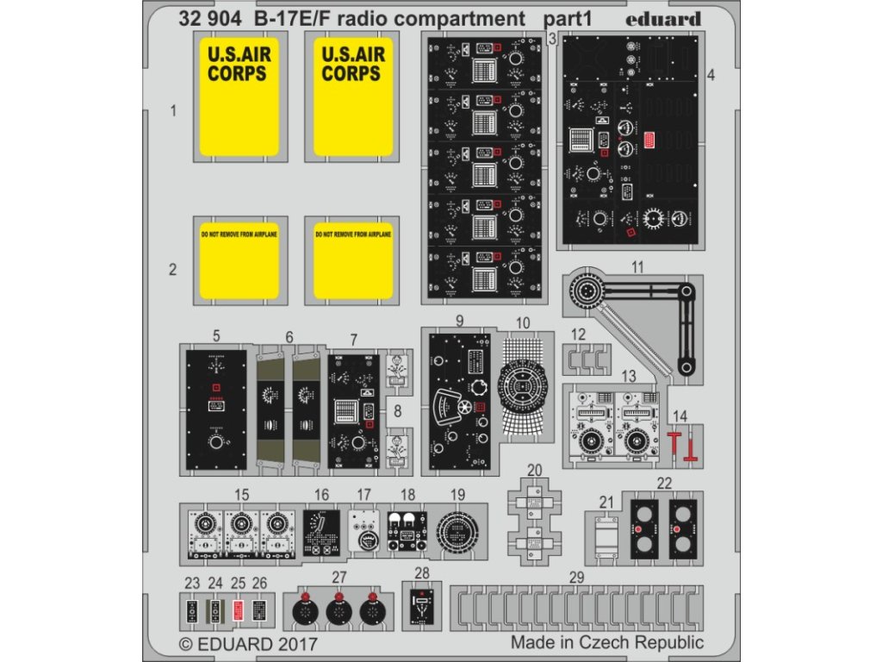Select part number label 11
coord(637,267)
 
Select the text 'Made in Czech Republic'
coord(606,642)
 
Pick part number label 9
coord(460,321)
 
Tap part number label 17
coord(363,495)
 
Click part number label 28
coord(421,573)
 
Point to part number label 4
coord(710,75)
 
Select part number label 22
coord(663,483)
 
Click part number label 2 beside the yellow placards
coord(172,270)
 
